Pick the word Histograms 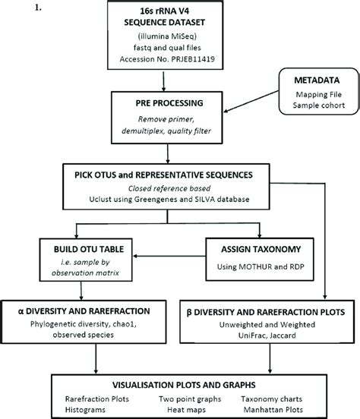[84, 408]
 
